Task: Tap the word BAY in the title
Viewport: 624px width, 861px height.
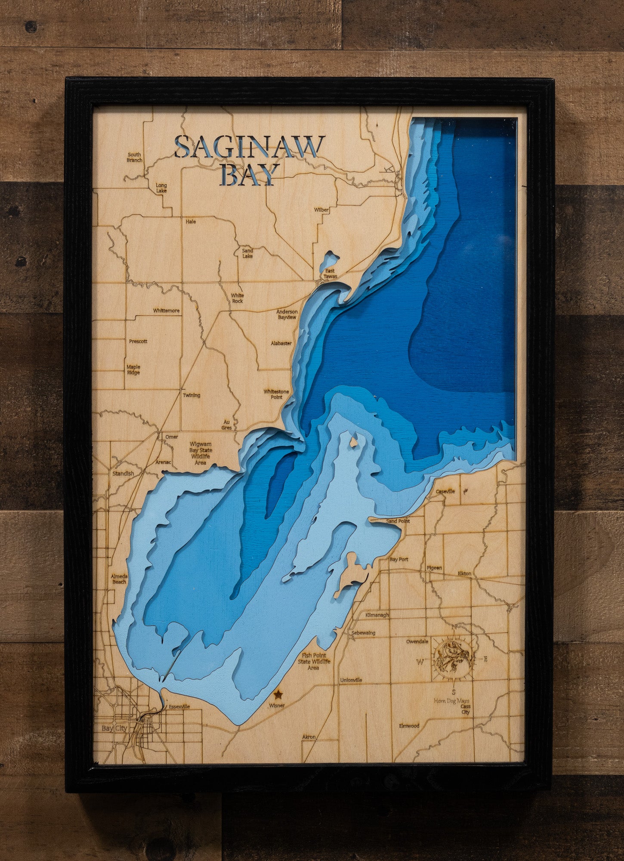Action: coord(247,174)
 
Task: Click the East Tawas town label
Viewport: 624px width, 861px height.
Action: coord(330,273)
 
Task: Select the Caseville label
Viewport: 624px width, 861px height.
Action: coord(445,491)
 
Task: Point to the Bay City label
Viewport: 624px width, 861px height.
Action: coord(114,728)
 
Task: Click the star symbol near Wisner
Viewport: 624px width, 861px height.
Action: coord(278,695)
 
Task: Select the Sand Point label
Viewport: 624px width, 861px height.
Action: coord(398,521)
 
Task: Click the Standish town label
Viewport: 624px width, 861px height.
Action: coord(123,473)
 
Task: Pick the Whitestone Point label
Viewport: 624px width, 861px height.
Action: coord(276,394)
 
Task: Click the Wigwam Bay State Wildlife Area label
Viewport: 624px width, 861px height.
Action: coord(200,453)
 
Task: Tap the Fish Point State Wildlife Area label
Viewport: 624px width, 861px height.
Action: coord(314,661)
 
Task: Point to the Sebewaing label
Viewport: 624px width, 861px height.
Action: coord(363,633)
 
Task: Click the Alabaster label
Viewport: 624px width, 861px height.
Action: coord(281,344)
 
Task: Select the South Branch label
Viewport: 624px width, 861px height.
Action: coord(134,158)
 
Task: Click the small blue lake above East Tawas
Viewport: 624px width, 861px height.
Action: coord(330,259)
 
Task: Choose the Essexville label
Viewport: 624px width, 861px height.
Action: coord(179,706)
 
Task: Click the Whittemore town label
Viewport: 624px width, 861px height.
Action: coord(166,311)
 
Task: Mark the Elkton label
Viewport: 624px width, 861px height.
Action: coord(464,573)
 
